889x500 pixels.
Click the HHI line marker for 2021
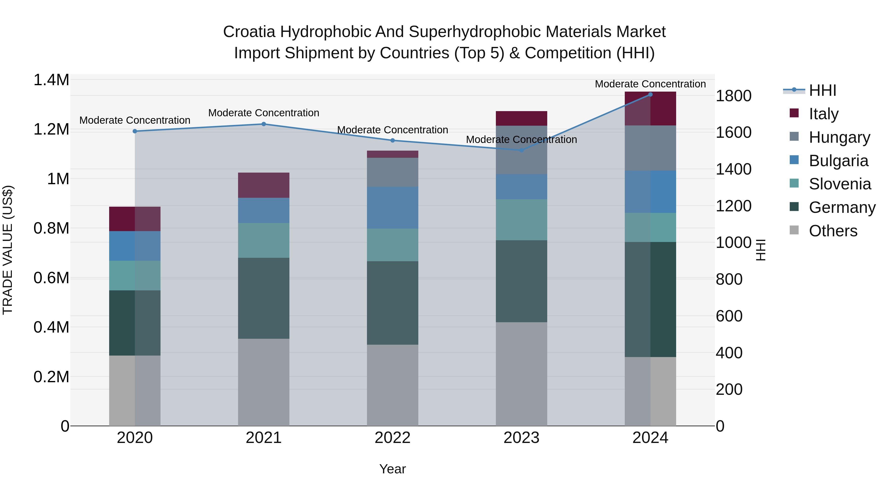coord(264,124)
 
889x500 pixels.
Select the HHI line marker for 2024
coord(650,94)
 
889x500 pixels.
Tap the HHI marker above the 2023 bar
coord(522,150)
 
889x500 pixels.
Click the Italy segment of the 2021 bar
coord(264,185)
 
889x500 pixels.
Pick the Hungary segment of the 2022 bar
coord(392,172)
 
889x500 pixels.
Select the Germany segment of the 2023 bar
coord(522,281)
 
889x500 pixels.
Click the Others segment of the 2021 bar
coord(264,382)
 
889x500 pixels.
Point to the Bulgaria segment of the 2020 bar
coord(135,246)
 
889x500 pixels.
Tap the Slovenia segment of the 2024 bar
coord(650,227)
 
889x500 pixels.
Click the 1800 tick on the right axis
coord(733,96)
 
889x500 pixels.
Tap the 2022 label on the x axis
coord(392,438)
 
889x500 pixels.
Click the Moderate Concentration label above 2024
coord(650,84)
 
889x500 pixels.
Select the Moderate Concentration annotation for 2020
coord(135,120)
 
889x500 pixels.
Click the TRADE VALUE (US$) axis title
coord(8,250)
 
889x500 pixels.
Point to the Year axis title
coord(392,469)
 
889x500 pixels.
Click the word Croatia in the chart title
coord(249,32)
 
